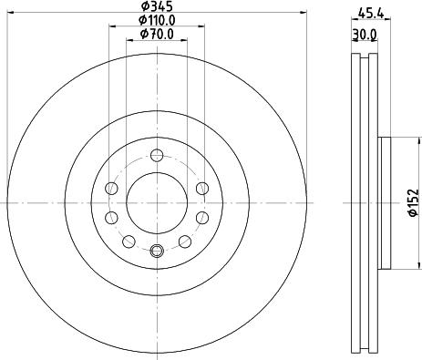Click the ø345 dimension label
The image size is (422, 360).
(x=156, y=7)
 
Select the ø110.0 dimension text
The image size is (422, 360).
(x=156, y=21)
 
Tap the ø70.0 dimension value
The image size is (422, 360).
(x=156, y=35)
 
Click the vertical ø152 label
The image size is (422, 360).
(x=412, y=201)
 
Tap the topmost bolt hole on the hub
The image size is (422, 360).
(x=156, y=154)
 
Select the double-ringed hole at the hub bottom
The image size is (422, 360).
(x=156, y=252)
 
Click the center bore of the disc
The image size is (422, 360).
(x=156, y=202)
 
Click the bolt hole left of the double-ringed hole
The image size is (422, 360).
(x=128, y=241)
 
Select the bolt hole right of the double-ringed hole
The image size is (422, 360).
(x=185, y=241)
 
